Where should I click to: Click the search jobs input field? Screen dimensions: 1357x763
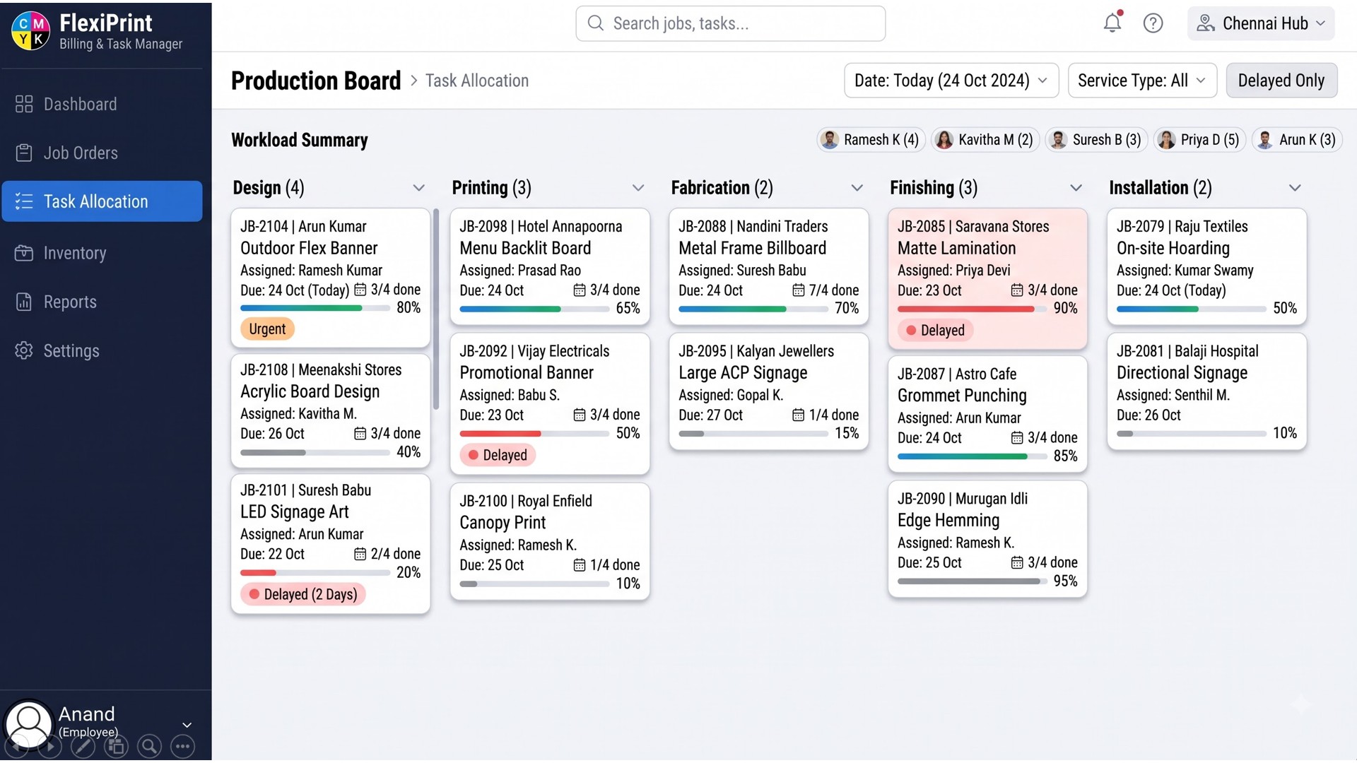click(x=730, y=23)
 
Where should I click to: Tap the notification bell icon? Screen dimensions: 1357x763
click(x=1112, y=23)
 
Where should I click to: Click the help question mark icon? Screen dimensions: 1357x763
click(x=1153, y=23)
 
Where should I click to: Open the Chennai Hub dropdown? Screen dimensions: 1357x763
click(x=1261, y=23)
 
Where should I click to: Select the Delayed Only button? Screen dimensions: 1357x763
click(x=1281, y=81)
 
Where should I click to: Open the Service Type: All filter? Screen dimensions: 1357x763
click(x=1142, y=81)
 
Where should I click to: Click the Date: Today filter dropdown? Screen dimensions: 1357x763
click(x=951, y=81)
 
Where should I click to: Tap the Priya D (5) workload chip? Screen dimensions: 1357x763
click(x=1200, y=140)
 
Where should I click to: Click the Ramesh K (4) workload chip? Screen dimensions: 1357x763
click(x=871, y=140)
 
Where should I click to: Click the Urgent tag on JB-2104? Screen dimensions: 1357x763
click(x=267, y=329)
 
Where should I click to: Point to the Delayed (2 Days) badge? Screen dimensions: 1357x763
click(x=302, y=594)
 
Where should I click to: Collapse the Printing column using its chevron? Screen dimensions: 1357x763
click(x=638, y=188)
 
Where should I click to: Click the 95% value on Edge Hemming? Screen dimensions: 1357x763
click(x=1065, y=581)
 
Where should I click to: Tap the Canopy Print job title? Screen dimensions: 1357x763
click(x=503, y=523)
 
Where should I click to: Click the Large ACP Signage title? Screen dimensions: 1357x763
click(x=743, y=373)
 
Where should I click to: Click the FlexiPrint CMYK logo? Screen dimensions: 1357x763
click(x=31, y=32)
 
